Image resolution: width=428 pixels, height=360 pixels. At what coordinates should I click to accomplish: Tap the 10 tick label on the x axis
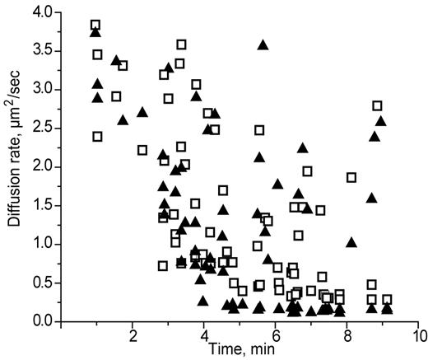pos(419,336)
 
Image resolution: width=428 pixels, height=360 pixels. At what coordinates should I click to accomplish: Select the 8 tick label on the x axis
pos(348,336)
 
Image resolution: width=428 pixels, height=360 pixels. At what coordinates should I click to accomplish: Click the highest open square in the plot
pos(95,25)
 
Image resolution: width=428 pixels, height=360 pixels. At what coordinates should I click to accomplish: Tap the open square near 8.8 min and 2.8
pos(378,105)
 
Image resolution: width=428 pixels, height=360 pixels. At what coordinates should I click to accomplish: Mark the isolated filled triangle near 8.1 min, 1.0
pos(351,242)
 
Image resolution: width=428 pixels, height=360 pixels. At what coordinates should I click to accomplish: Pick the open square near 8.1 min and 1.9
pos(351,177)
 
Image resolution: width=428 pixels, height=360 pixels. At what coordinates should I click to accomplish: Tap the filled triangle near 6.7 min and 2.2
pos(302,148)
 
